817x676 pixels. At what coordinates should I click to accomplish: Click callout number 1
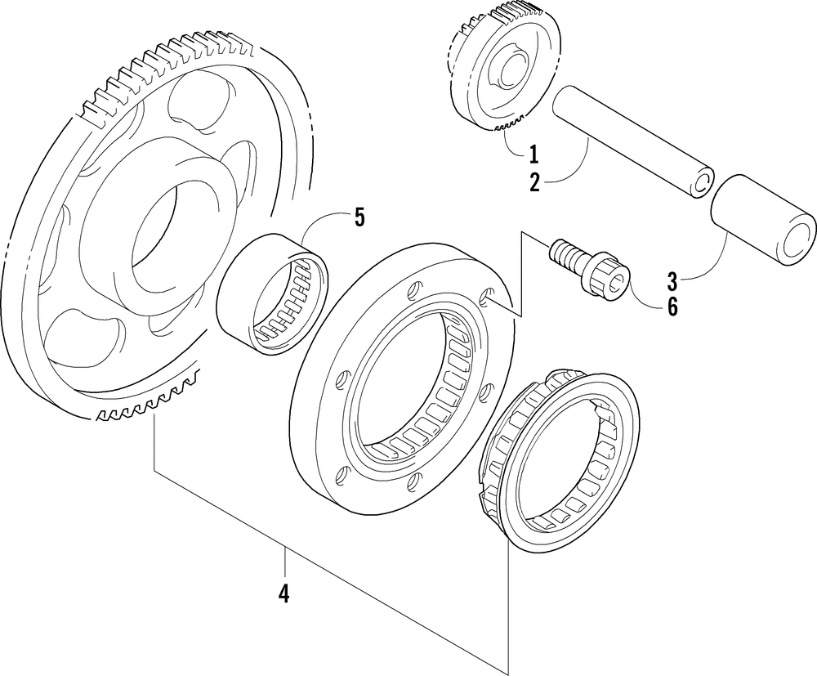[533, 154]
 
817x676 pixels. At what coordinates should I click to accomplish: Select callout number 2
[534, 181]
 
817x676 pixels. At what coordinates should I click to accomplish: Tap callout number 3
[672, 283]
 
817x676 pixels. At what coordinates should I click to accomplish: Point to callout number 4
[283, 594]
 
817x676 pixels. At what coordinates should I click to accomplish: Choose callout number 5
[359, 217]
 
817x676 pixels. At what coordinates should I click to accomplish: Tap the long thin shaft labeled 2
[629, 139]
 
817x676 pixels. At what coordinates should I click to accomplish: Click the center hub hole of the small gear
[507, 74]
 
